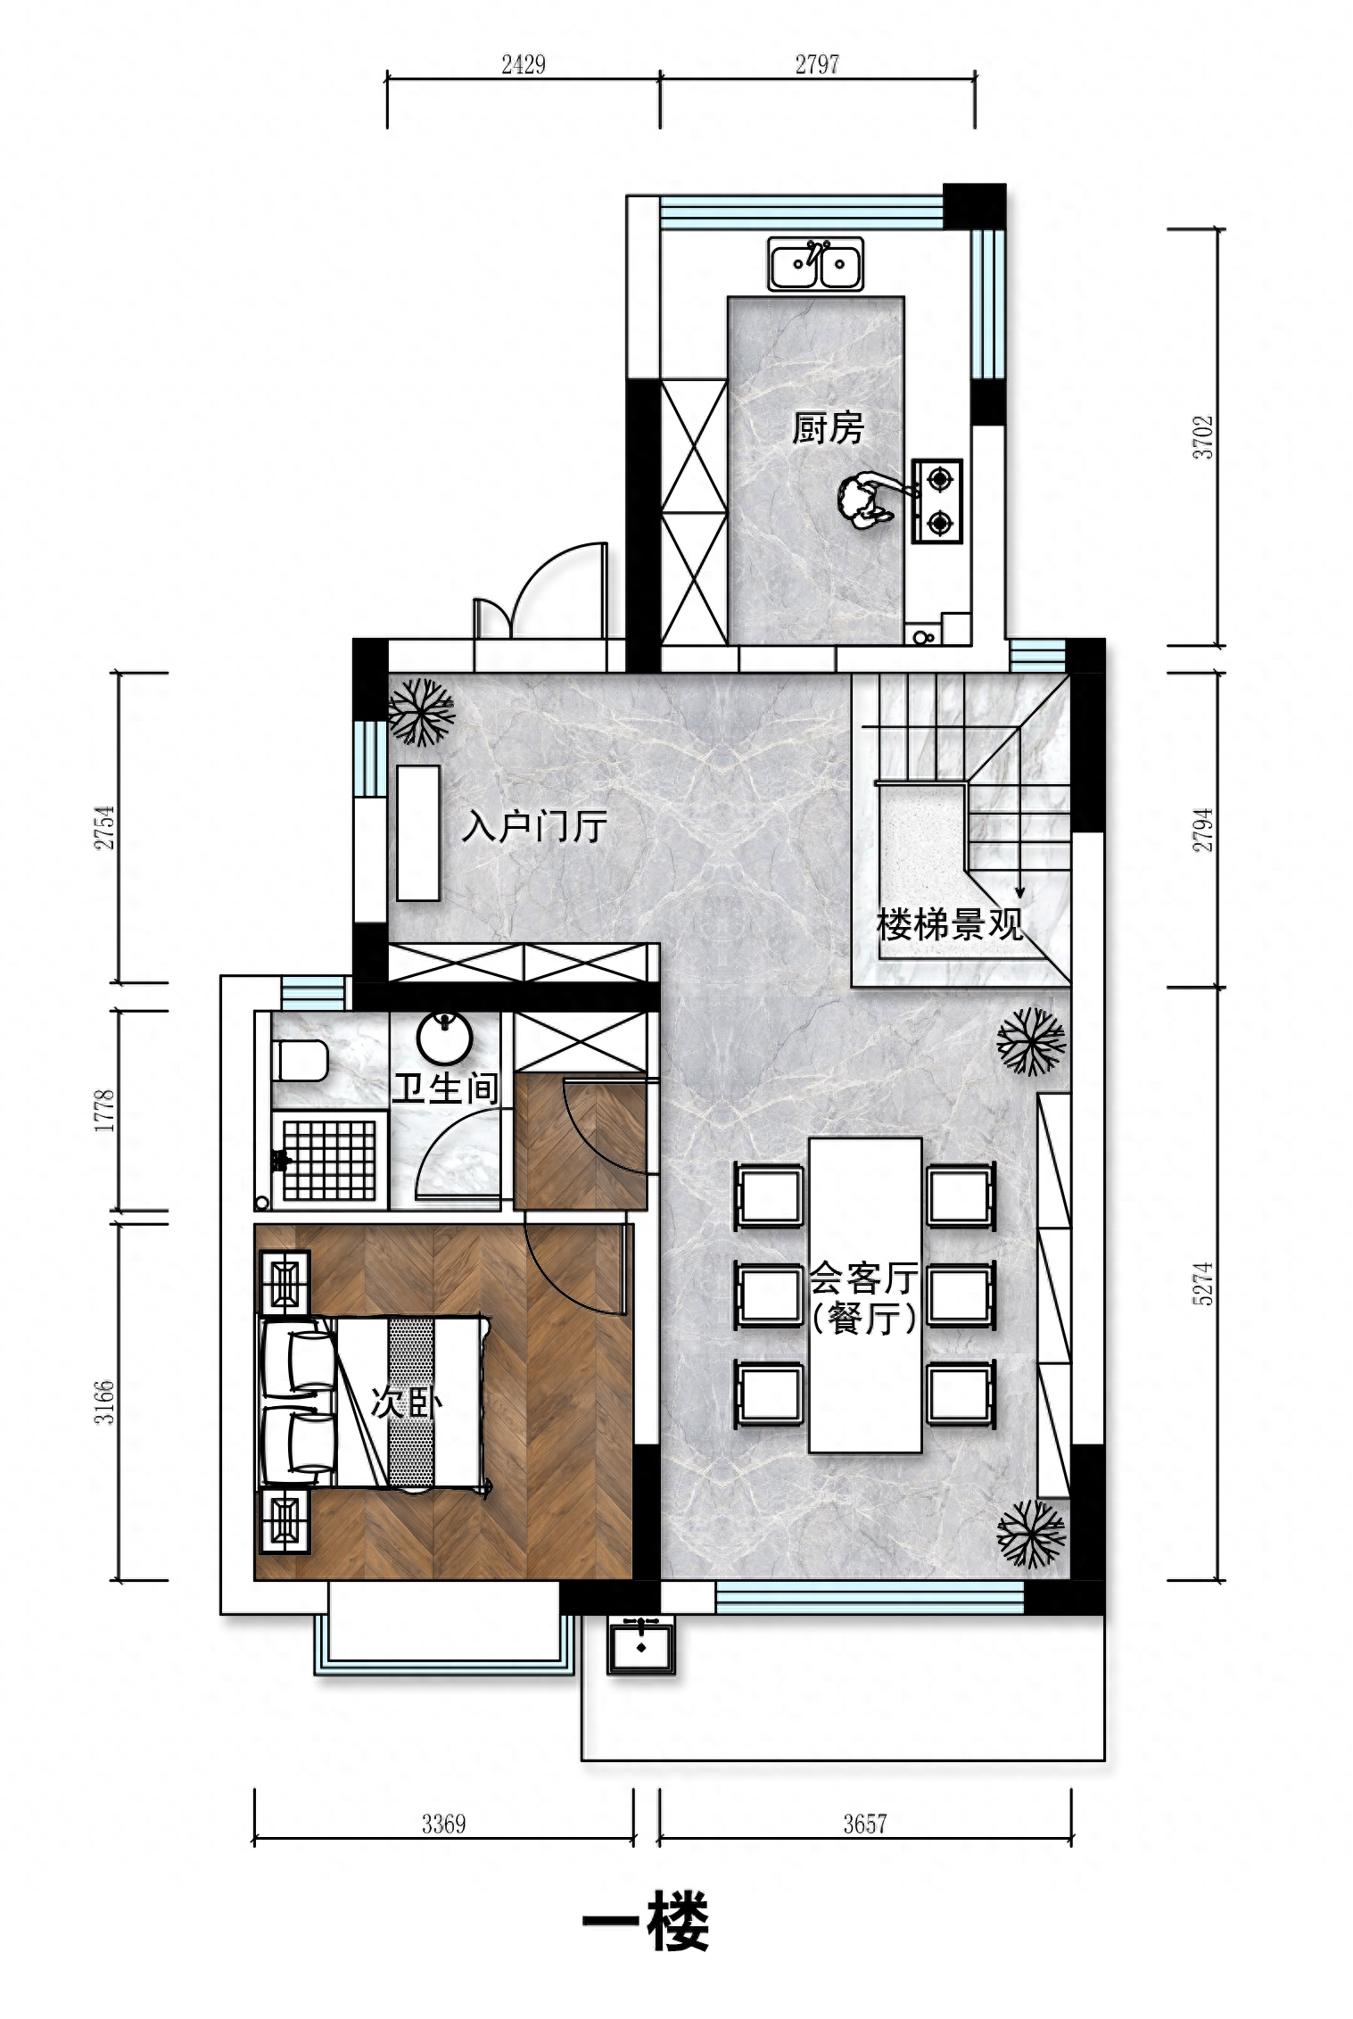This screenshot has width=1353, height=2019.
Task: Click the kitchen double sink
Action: coord(815,263)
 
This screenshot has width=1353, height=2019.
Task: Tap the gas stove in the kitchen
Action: coord(937,501)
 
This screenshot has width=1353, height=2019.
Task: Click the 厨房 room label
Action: coord(829,428)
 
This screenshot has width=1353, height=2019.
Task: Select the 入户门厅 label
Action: coord(534,827)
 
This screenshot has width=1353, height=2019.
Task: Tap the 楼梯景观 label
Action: coord(949,924)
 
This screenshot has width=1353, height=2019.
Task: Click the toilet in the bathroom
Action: coord(299,1061)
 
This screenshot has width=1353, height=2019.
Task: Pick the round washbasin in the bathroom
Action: coord(445,1038)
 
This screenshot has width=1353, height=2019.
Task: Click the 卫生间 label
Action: coord(445,1088)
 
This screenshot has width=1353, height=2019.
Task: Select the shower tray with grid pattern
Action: coord(329,1159)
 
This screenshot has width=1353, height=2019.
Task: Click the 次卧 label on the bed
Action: coord(407,1403)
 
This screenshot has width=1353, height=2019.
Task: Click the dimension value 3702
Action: coord(1204,437)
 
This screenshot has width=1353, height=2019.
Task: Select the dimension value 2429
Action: coord(524,64)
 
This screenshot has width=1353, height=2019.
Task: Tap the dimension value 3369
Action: coord(444,1824)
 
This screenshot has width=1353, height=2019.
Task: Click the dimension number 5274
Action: coord(1203,1284)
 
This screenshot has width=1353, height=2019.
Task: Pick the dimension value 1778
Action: coord(105,1111)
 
